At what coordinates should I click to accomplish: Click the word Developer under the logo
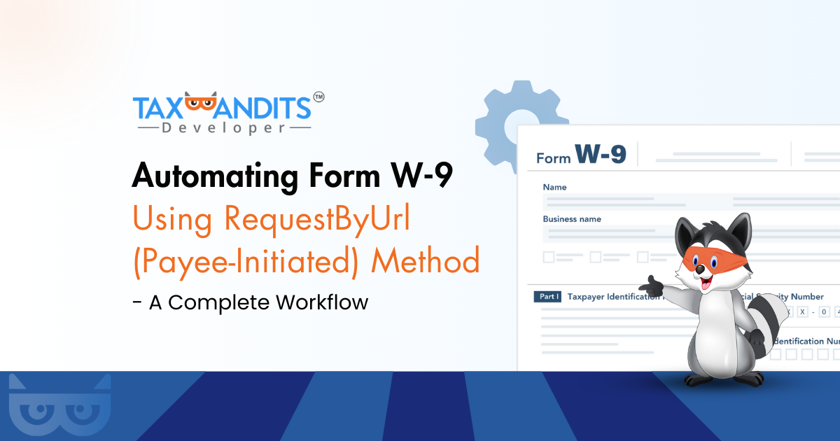[222, 128]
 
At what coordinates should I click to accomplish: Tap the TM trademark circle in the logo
[318, 98]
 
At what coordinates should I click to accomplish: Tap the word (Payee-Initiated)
[246, 260]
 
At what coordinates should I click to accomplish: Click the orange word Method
[426, 260]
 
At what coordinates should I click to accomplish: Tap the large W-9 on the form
[600, 153]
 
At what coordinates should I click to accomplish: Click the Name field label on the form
[555, 187]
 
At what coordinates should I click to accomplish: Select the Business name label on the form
[572, 219]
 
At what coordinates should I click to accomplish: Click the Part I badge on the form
[547, 297]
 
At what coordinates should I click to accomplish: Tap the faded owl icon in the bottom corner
[59, 406]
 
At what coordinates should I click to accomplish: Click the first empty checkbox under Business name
[549, 257]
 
